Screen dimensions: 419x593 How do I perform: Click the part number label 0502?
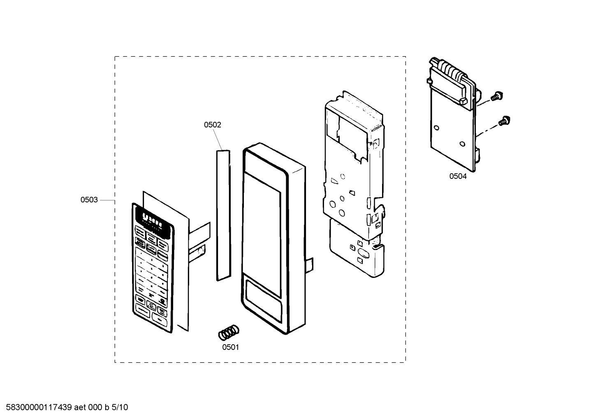213,125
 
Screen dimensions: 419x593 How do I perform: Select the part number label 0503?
89,200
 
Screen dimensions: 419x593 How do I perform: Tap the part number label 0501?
230,347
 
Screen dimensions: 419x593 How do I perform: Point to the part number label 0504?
458,176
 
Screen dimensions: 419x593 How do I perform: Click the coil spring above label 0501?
229,332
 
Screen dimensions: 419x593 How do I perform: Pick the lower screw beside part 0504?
503,121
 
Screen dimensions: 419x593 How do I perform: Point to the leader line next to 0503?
107,200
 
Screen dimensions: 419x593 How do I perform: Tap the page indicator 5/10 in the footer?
120,407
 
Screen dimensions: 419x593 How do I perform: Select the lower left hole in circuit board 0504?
437,128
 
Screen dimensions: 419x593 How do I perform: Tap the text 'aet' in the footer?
80,407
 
